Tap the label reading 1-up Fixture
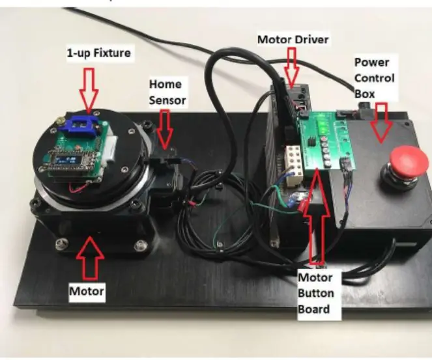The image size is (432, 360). pos(98,53)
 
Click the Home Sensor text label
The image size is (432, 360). pos(167,92)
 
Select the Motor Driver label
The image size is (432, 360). pos(293,39)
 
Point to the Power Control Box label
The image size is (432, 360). pos(374,78)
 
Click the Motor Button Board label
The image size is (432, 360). pos(316,293)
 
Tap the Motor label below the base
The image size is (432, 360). pos(87,291)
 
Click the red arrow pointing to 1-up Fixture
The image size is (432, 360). pos(89,91)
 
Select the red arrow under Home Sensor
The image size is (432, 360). pos(165,130)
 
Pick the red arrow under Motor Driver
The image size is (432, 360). pos(291,66)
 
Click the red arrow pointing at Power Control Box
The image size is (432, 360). pos(382,123)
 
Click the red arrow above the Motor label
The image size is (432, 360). pos(90,256)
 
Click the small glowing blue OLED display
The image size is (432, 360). pos(65,160)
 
